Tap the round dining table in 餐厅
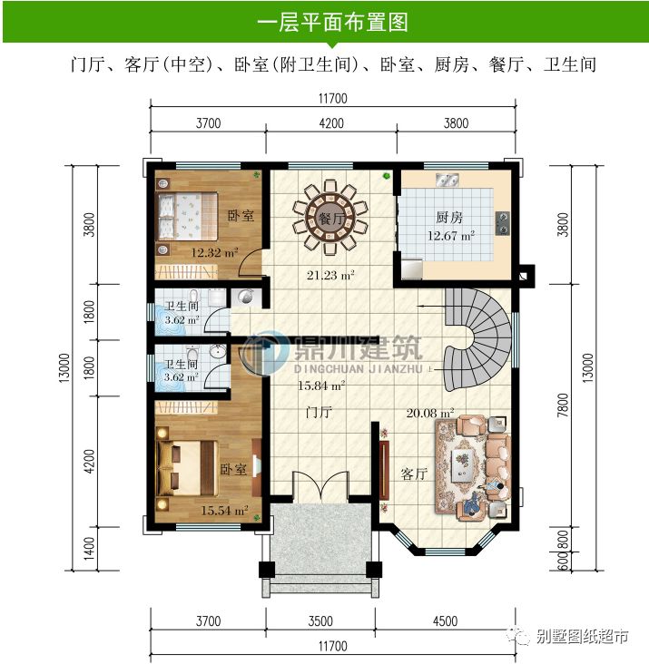329,220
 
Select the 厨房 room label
449,218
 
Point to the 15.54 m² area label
224,511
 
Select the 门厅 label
317,414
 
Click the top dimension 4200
330,124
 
